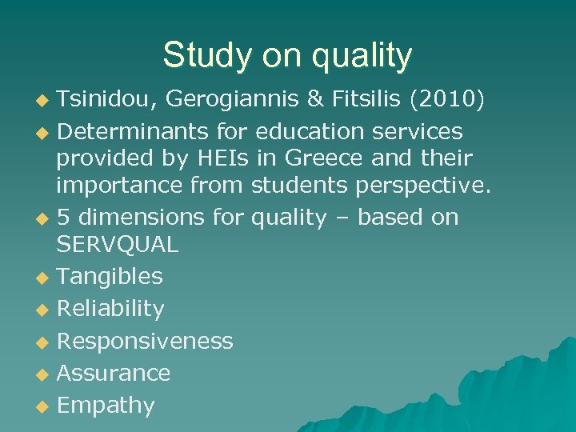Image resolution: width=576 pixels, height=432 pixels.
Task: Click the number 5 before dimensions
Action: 64,218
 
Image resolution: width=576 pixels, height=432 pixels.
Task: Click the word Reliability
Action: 110,309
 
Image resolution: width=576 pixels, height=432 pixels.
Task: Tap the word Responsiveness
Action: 145,342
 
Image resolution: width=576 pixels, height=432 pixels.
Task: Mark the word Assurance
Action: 114,373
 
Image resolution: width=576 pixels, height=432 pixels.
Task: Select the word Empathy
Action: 106,406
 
